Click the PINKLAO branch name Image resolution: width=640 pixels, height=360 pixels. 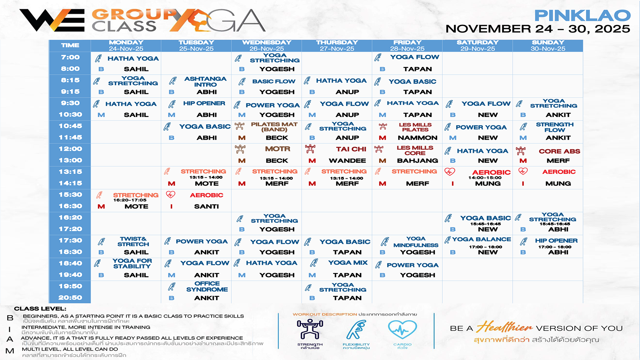[582, 15]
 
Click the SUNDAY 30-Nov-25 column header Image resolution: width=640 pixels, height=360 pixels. [548, 45]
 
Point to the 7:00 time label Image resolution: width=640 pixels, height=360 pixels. [70, 57]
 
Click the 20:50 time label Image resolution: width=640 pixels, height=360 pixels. [70, 298]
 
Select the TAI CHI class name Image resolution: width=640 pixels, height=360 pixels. [351, 149]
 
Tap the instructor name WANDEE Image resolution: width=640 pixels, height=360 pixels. [347, 161]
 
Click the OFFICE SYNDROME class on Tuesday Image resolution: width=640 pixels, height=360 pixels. [207, 286]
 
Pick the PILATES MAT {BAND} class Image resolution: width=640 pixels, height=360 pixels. [274, 127]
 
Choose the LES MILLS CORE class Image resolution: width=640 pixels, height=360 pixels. [415, 150]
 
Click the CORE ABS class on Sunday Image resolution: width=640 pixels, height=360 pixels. [559, 151]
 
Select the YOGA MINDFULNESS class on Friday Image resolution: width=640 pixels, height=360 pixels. [416, 242]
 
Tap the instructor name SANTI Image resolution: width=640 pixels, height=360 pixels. [206, 206]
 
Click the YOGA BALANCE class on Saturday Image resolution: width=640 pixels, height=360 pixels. [481, 239]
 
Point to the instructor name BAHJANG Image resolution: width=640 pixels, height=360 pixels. [417, 161]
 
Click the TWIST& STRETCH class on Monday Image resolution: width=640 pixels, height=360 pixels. [133, 241]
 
